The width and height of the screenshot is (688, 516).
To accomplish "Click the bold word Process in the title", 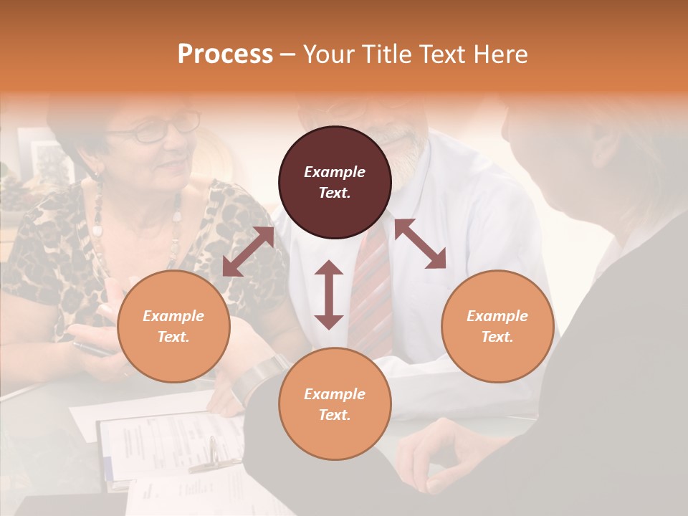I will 225,54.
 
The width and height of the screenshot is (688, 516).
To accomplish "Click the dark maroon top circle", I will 335,182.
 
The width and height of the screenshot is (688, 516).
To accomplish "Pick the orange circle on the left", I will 173,326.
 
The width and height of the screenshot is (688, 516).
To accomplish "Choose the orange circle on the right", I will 497,326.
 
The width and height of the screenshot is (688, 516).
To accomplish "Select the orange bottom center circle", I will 335,404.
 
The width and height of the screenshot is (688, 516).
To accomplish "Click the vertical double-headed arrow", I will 329,294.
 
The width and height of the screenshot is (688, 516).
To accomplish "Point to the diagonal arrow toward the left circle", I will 248,252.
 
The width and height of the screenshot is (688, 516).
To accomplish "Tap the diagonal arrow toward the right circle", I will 420,244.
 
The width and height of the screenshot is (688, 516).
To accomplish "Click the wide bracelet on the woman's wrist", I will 262,373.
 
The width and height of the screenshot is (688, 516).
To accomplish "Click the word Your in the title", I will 328,54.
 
